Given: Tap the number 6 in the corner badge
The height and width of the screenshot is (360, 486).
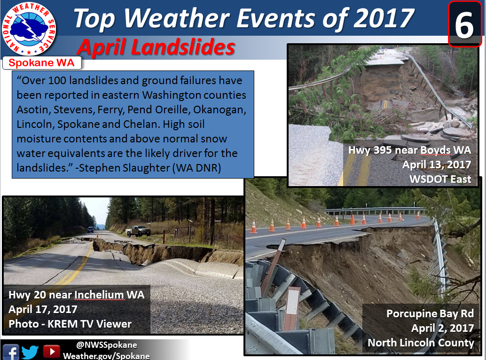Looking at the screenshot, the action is pyautogui.click(x=464, y=25).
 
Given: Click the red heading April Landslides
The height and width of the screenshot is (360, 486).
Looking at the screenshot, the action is pyautogui.click(x=156, y=47).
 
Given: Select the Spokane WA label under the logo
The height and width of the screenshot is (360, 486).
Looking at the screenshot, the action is pyautogui.click(x=41, y=63).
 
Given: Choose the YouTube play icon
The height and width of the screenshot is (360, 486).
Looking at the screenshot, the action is pyautogui.click(x=51, y=352).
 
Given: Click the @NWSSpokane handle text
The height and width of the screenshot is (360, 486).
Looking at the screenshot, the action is pyautogui.click(x=107, y=345).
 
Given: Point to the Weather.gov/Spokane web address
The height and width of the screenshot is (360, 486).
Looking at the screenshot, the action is pyautogui.click(x=106, y=356).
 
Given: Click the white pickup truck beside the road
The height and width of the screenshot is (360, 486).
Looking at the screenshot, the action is pyautogui.click(x=138, y=231).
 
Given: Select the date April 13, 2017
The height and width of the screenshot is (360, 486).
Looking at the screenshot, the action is pyautogui.click(x=437, y=164).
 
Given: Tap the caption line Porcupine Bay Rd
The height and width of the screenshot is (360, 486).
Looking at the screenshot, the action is pyautogui.click(x=430, y=313).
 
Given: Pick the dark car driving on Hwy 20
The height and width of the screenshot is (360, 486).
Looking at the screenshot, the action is pyautogui.click(x=90, y=229).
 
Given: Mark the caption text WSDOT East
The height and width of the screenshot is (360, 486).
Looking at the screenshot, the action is pyautogui.click(x=440, y=179).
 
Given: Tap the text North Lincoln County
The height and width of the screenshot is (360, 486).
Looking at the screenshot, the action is pyautogui.click(x=421, y=343).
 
